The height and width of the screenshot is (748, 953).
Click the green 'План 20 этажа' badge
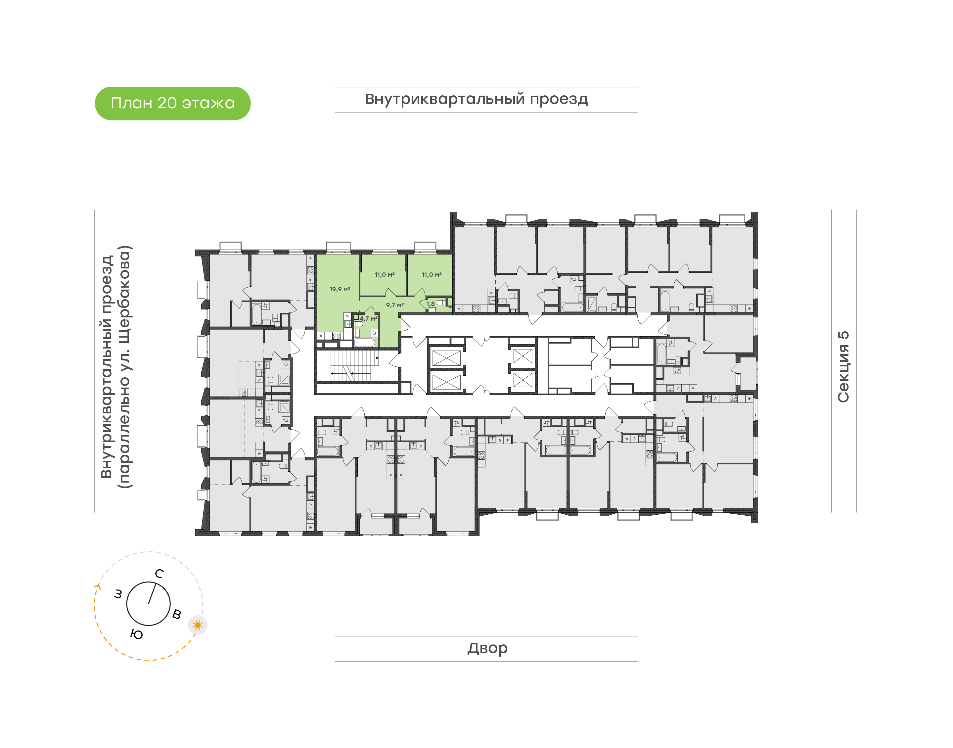tap(172, 103)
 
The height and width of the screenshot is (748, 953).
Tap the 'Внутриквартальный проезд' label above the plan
tap(476, 99)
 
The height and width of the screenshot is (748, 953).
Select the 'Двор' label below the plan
tap(487, 648)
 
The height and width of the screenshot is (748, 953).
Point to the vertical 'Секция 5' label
tap(843, 367)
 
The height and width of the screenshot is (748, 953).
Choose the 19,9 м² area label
tap(340, 289)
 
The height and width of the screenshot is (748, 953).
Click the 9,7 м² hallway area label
tap(395, 305)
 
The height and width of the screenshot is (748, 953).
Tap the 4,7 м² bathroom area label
tap(368, 318)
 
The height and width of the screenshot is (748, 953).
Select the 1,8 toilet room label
tap(431, 304)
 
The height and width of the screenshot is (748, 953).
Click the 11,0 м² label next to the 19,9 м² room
tap(385, 275)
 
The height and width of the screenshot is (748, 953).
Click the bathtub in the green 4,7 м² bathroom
tap(365, 343)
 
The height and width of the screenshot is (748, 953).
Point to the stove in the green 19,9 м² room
tap(336, 336)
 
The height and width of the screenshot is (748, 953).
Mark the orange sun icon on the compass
tap(198, 625)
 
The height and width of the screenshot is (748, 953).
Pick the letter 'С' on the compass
tap(159, 574)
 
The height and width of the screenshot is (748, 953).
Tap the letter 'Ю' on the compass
tap(137, 634)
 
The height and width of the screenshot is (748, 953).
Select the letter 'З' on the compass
tap(118, 594)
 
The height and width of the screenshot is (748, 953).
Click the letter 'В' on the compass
tap(177, 614)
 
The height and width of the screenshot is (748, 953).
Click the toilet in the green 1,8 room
tap(441, 303)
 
